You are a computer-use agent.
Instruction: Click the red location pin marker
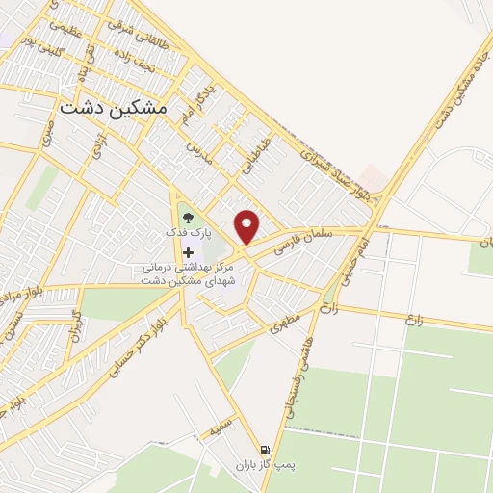248,227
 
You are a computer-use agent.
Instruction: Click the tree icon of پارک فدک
188,218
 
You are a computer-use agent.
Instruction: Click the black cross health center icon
188,251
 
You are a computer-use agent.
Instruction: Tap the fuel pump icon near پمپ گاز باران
264,450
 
